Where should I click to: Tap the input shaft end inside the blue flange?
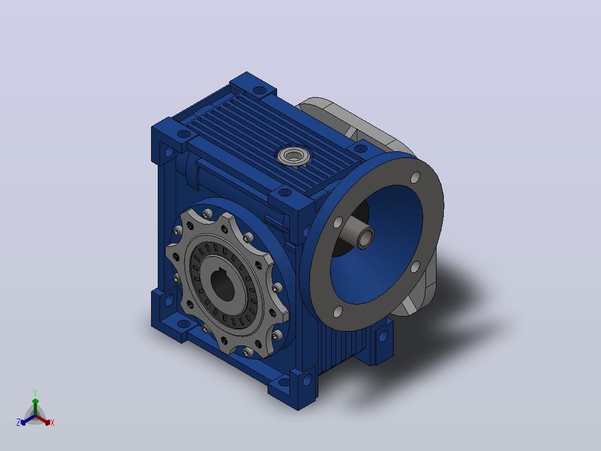(x=365, y=238)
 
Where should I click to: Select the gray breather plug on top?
(x=294, y=156)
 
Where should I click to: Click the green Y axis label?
(x=35, y=392)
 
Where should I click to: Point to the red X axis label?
(x=52, y=423)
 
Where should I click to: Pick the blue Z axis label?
(x=18, y=423)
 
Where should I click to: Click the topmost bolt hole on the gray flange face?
(x=415, y=177)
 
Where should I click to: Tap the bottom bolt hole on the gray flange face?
(x=338, y=311)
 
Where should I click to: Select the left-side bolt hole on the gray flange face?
(x=338, y=222)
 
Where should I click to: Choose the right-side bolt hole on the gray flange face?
(x=415, y=266)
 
